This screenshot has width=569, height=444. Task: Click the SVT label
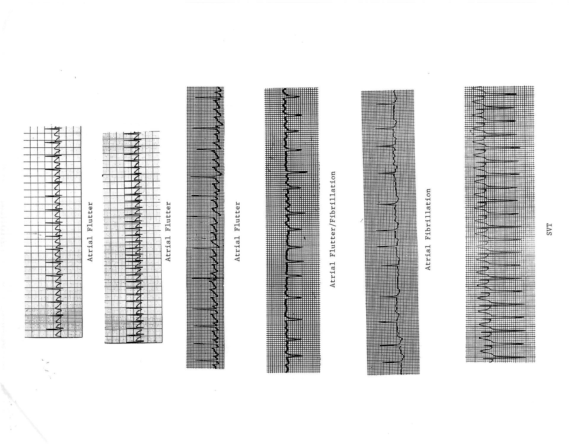(549, 229)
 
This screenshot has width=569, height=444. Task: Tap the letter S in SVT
(549, 234)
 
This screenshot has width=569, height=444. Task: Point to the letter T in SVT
(549, 225)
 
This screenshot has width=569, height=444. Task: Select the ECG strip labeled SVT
(500, 224)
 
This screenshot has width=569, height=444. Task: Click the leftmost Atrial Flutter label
(90, 232)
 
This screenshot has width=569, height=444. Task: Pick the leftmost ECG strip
(53, 232)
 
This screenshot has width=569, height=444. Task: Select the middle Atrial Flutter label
(168, 232)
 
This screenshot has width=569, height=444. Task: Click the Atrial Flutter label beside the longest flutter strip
(237, 232)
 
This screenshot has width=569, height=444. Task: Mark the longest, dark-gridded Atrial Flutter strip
(205, 227)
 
